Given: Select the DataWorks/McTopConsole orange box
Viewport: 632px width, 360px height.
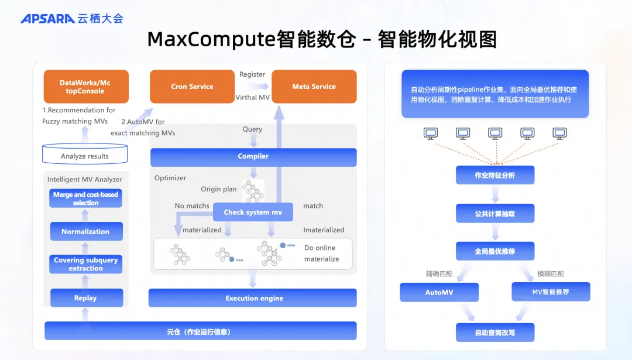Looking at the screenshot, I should tap(85, 87).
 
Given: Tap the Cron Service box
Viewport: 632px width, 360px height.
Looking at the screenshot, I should tap(192, 87).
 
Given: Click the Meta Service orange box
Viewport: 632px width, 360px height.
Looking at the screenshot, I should tap(314, 87).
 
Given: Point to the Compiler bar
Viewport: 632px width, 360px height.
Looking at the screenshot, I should tap(253, 157).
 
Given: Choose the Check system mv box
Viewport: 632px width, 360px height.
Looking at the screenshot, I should tap(253, 212).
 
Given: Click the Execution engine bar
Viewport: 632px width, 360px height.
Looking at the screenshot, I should tap(253, 298).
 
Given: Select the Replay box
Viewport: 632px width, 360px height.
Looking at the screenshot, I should tap(85, 298).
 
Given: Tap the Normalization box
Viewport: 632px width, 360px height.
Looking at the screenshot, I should tap(85, 231).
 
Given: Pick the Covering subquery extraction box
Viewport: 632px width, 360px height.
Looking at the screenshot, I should tap(85, 264).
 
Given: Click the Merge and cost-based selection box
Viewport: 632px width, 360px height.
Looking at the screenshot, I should tap(85, 198).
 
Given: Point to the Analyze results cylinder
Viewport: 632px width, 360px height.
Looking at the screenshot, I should tap(85, 156).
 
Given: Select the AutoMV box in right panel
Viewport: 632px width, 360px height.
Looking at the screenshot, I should tap(439, 292).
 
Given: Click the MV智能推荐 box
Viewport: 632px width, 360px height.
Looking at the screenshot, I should tap(550, 292).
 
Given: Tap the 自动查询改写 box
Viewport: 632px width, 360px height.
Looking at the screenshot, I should tap(495, 332).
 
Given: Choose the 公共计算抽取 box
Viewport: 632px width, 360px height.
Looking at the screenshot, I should tap(495, 214).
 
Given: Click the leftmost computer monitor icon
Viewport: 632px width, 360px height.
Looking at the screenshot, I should tap(431, 134).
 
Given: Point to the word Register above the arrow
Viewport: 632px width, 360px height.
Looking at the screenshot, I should tap(252, 74).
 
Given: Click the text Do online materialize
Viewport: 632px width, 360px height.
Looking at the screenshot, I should tap(321, 253).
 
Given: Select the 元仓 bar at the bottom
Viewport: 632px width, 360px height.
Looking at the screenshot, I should tap(200, 331).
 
